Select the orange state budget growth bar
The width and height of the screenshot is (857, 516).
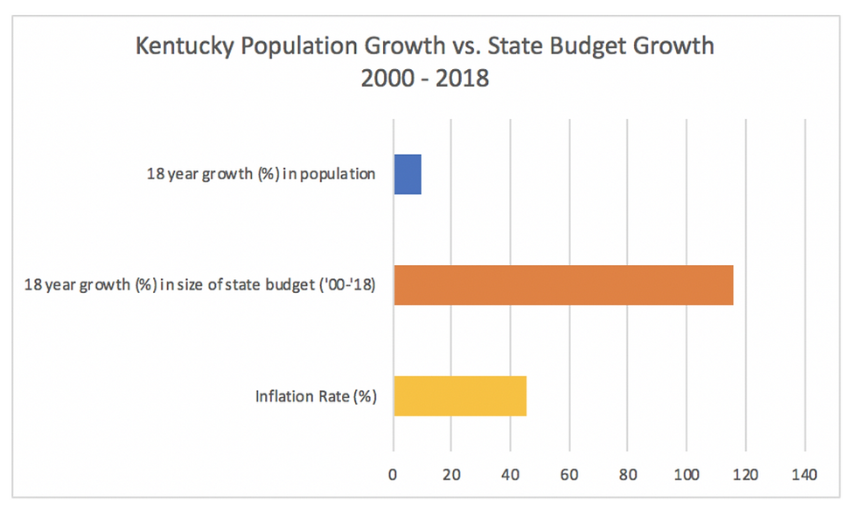point(563,284)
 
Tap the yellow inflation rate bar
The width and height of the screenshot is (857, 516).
point(460,395)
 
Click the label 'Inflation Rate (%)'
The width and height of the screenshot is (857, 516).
point(316,396)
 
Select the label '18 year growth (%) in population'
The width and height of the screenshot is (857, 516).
point(261,173)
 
